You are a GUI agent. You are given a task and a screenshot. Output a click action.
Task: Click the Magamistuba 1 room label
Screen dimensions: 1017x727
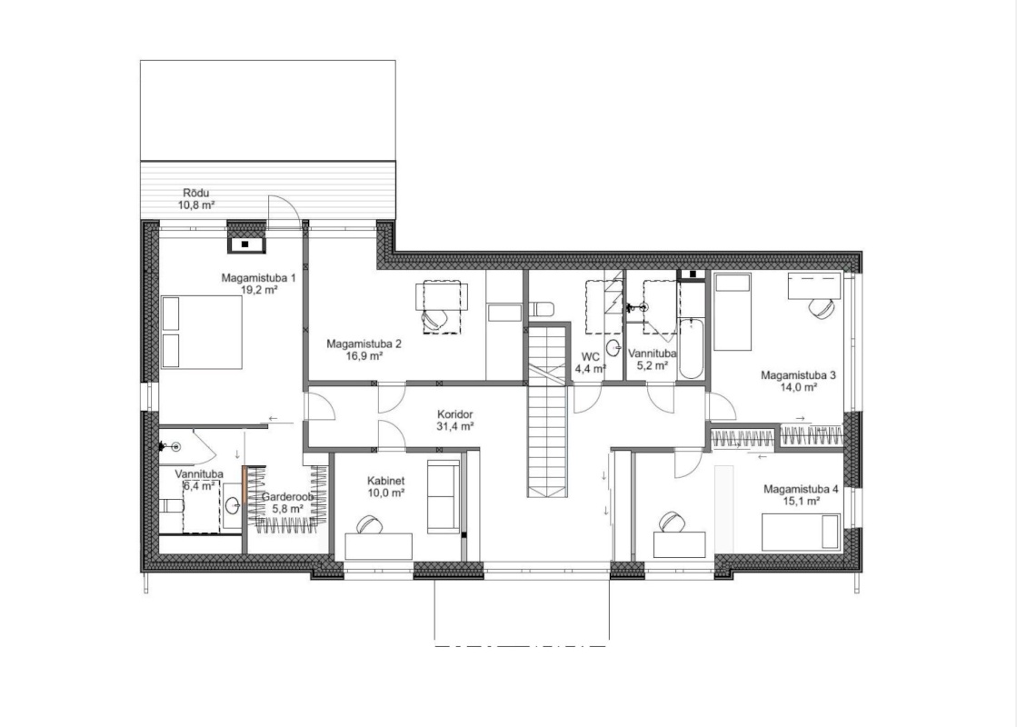pos(259,278)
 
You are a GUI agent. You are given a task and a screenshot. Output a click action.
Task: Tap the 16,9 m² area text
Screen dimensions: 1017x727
pos(364,355)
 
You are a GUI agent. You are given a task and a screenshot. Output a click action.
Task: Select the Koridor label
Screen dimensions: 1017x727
pos(454,414)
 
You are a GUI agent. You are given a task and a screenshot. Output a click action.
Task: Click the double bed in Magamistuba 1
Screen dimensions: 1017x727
pos(201,332)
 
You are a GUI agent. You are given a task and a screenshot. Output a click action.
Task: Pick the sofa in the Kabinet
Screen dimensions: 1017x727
pos(444,494)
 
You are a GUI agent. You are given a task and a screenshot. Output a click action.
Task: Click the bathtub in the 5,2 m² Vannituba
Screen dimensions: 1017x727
pos(690,348)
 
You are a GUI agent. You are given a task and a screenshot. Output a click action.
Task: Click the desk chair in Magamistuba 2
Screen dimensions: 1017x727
pos(434,318)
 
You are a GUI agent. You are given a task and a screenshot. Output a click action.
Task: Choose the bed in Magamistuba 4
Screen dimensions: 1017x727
pos(801,532)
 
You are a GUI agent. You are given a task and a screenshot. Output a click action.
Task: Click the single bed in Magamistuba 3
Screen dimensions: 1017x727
pos(733,312)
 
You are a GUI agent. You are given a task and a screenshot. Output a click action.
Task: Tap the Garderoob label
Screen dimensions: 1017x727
pos(288,497)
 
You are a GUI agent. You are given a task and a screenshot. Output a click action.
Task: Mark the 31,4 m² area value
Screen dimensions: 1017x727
pos(455,427)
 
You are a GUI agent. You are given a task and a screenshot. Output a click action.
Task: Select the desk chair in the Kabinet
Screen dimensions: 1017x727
pos(368,524)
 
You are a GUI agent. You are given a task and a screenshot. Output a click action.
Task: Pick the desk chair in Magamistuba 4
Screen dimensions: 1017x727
pos(672,522)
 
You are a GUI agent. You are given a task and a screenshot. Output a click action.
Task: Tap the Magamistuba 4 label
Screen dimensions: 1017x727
pos(801,490)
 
